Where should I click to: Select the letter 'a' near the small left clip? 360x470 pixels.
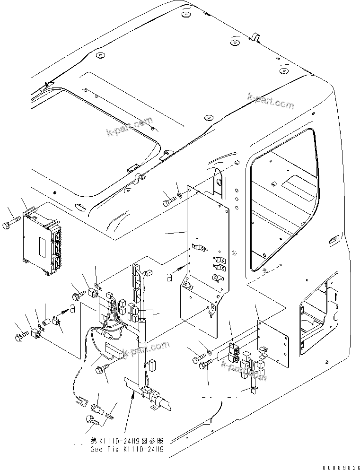[x=72, y=309]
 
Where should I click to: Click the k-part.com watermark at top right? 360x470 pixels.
[x=271, y=101]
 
